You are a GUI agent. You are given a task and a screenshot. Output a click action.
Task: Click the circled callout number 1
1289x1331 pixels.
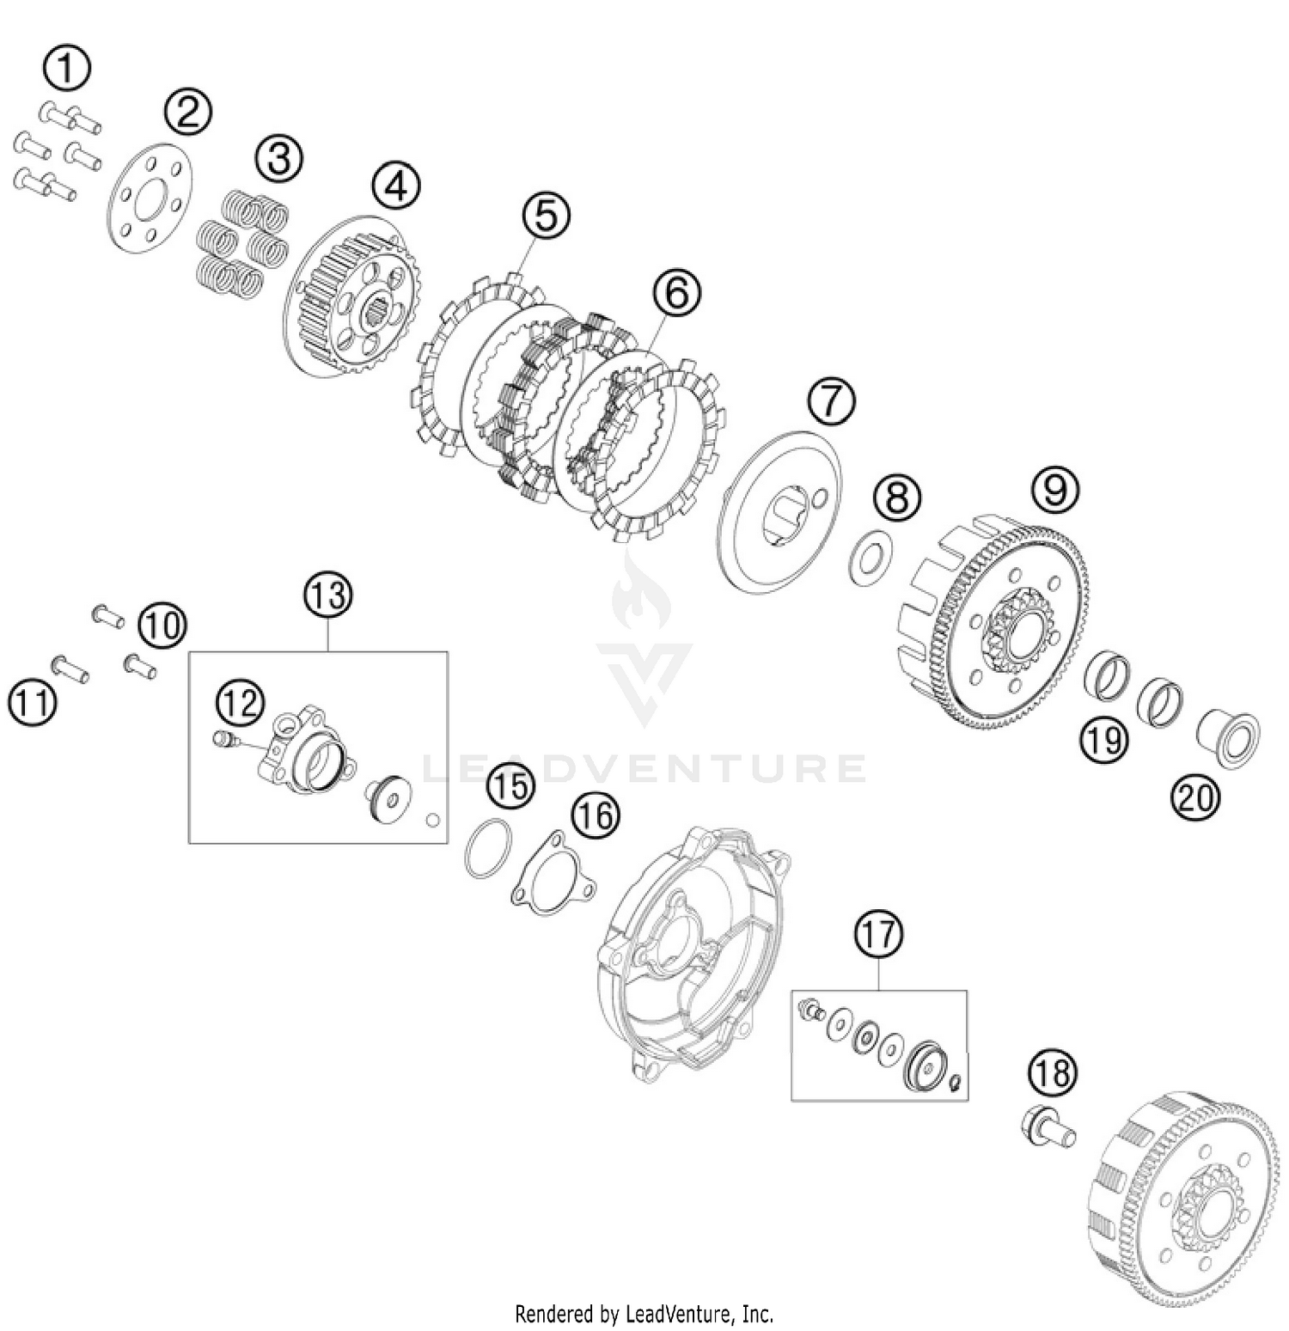(66, 69)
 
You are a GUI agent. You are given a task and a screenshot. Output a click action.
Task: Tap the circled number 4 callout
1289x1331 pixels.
(396, 186)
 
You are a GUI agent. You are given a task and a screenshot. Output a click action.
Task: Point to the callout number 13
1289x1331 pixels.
(328, 595)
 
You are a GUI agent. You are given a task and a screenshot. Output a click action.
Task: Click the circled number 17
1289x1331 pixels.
(878, 934)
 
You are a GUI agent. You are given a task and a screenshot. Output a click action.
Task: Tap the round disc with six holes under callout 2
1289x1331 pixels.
(150, 198)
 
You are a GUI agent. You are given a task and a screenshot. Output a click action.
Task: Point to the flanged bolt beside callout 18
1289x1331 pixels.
(1048, 1126)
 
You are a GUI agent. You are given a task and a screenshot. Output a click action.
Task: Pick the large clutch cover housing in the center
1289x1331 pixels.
(693, 954)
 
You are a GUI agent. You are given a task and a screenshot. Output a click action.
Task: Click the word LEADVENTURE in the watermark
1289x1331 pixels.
(644, 767)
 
